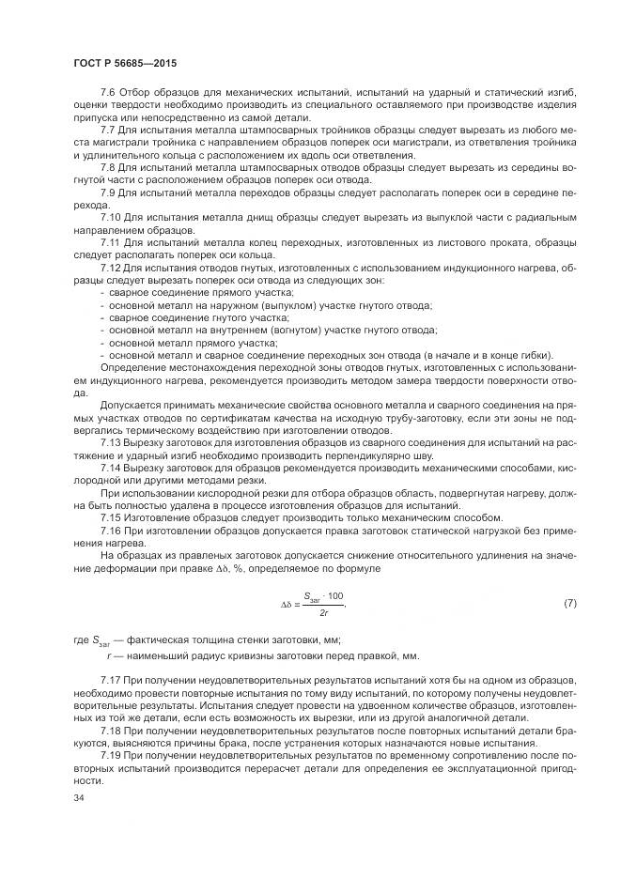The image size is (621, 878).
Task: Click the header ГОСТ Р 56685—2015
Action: [124, 63]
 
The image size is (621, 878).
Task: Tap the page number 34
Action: [79, 797]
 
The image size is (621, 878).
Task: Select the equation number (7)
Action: [569, 602]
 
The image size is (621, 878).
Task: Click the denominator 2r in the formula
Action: [322, 611]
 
